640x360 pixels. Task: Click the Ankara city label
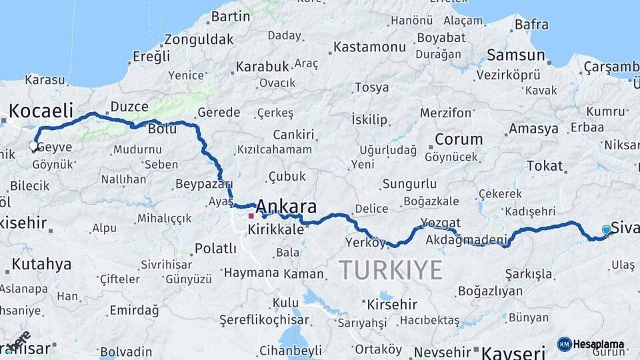click(x=286, y=205)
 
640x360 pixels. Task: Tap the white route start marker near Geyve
click(x=33, y=146)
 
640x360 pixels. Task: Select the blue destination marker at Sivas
click(x=607, y=230)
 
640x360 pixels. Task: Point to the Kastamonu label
click(x=369, y=47)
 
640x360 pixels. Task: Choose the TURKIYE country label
click(x=390, y=270)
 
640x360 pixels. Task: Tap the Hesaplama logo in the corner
click(x=591, y=345)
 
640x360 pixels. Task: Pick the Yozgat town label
click(x=440, y=223)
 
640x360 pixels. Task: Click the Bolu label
click(x=162, y=129)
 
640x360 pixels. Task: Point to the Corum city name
click(x=459, y=139)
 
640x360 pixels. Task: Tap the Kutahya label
click(x=41, y=264)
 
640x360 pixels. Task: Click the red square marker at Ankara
click(x=251, y=215)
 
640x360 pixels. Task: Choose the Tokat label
click(x=545, y=166)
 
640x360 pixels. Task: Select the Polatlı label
click(x=215, y=249)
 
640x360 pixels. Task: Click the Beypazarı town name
click(x=203, y=184)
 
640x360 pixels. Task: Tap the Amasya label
click(x=533, y=129)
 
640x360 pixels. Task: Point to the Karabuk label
click(x=261, y=67)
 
